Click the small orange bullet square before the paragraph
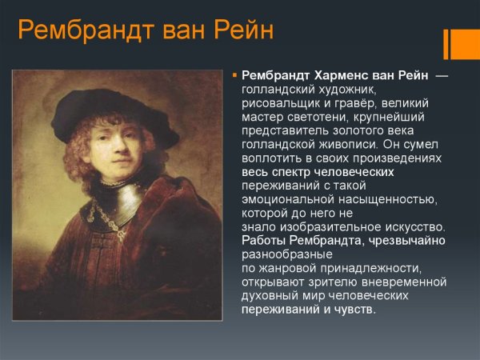click(x=234, y=74)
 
